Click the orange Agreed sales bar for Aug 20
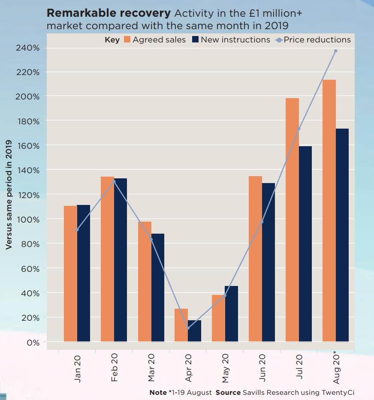329,210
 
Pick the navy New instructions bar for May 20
231,313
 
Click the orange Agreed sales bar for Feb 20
107,259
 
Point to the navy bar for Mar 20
157,287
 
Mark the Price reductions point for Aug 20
335,51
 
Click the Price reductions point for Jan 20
77,230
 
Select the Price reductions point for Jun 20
262,222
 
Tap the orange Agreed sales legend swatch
127,40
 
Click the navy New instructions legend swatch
195,40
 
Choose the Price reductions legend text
317,40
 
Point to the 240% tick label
28,48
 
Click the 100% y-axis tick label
28,220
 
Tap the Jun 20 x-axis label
262,367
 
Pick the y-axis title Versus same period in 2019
9,194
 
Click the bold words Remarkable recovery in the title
105,13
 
